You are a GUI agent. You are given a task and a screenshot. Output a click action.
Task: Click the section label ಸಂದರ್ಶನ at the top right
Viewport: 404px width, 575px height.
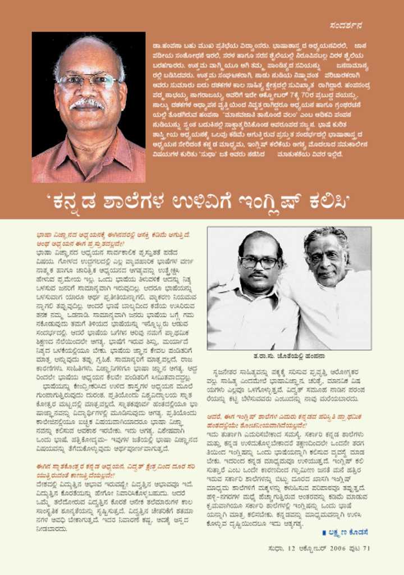click(x=346, y=25)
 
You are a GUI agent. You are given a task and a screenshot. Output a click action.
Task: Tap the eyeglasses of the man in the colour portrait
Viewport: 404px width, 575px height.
click(x=89, y=81)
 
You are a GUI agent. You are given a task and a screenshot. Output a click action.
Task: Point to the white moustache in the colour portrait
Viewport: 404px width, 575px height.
click(x=88, y=103)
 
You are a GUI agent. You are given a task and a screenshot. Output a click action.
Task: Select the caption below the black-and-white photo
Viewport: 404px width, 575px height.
click(x=289, y=356)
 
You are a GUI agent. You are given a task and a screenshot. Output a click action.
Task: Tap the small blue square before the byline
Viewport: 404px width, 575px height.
click(x=324, y=532)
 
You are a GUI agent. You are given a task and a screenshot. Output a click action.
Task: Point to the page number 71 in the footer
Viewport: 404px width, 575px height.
click(x=366, y=549)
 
